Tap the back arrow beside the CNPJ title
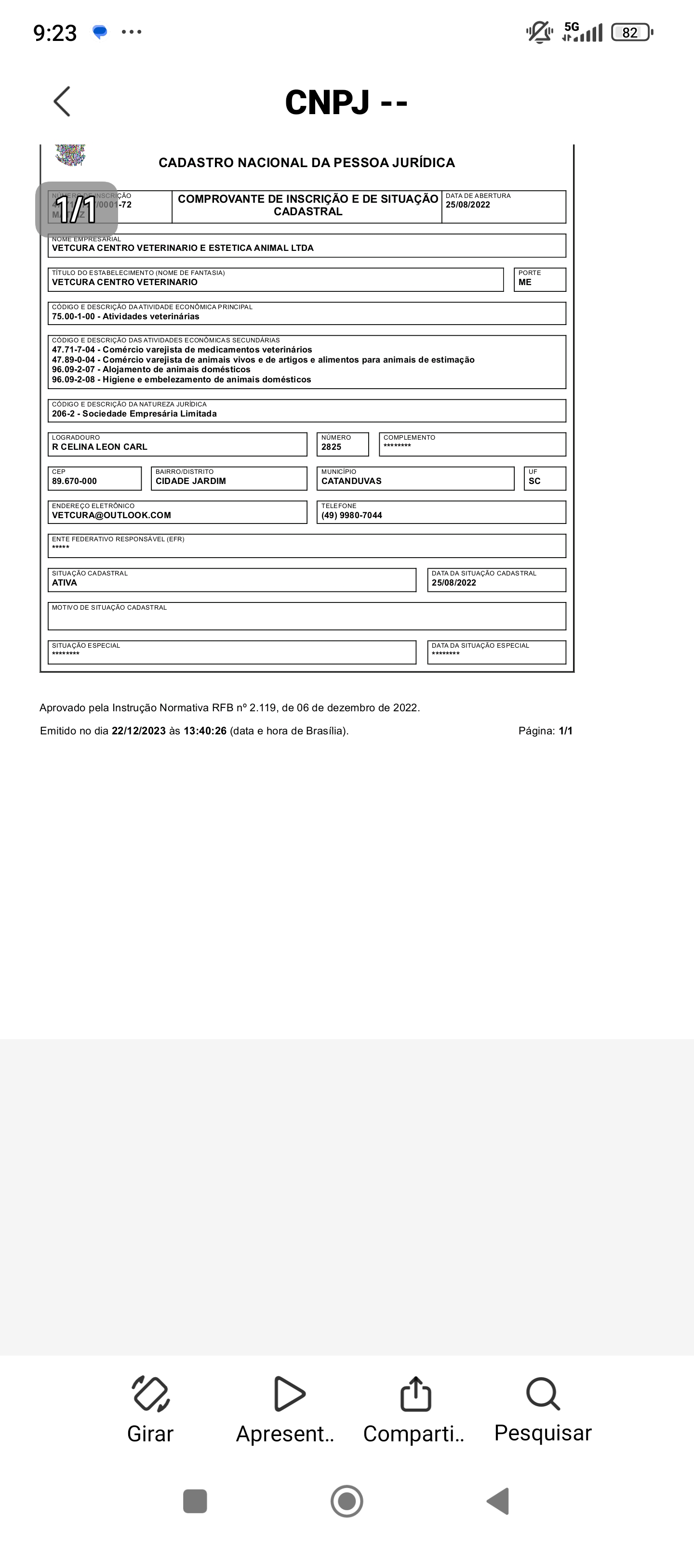coord(62,101)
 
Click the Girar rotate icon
coord(150,1394)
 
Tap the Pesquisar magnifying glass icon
coord(543,1394)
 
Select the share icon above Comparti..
coord(415,1394)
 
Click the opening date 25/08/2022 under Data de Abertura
coord(467,205)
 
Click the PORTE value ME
coord(525,282)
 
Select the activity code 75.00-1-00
coord(73,316)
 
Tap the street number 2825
coord(331,447)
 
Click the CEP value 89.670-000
coord(74,481)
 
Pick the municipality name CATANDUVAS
coord(351,481)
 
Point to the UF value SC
coord(534,481)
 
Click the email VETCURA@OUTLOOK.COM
coord(111,515)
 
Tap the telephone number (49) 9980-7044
coord(351,515)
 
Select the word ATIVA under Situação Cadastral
coord(65,583)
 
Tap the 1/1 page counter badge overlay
coord(76,209)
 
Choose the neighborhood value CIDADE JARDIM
coord(190,481)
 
